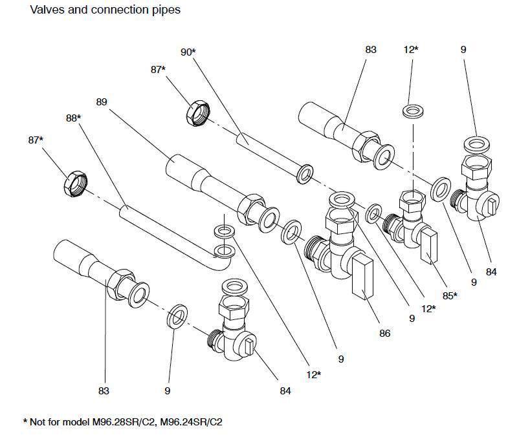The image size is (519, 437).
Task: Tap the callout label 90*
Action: [x=188, y=52]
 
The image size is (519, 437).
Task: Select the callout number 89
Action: [x=101, y=102]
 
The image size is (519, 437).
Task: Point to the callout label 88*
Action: [x=73, y=118]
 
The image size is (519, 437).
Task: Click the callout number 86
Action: [x=385, y=334]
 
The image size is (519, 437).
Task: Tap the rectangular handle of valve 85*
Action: [x=429, y=247]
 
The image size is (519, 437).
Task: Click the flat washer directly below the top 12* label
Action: [x=412, y=111]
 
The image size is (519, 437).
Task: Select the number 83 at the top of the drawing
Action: [x=370, y=49]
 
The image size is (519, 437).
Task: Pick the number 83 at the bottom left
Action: [x=104, y=390]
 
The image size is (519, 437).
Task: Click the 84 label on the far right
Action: [x=491, y=272]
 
